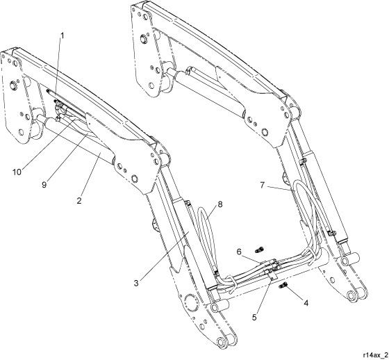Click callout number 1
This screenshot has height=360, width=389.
pyautogui.click(x=63, y=36)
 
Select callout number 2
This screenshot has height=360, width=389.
pyautogui.click(x=79, y=200)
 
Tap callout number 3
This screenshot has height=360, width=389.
pyautogui.click(x=136, y=283)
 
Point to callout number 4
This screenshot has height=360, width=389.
pyautogui.click(x=306, y=303)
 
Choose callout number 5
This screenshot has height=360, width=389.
pyautogui.click(x=254, y=318)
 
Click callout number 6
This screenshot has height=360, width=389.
pyautogui.click(x=239, y=252)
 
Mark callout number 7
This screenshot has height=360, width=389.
pyautogui.click(x=263, y=185)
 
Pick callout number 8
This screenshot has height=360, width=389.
pyautogui.click(x=220, y=204)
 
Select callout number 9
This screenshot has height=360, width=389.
pyautogui.click(x=44, y=185)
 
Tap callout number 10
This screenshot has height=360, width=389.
pyautogui.click(x=17, y=172)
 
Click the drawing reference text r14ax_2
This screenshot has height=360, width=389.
pyautogui.click(x=375, y=354)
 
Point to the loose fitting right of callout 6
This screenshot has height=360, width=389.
pyautogui.click(x=260, y=249)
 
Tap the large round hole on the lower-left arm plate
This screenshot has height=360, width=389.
pyautogui.click(x=190, y=304)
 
